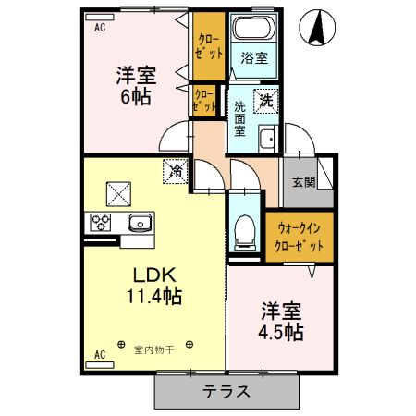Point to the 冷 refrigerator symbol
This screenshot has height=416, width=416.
175,170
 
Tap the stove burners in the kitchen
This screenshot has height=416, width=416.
101,223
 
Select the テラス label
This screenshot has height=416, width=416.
226,390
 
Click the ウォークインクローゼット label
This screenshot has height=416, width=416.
300,238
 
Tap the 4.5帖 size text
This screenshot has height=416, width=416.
280,331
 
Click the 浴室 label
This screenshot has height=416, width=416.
254,58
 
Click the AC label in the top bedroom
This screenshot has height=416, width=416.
99,29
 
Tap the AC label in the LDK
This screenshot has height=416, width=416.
99,353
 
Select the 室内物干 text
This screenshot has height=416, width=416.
153,349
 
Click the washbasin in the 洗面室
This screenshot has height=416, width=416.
266,140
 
